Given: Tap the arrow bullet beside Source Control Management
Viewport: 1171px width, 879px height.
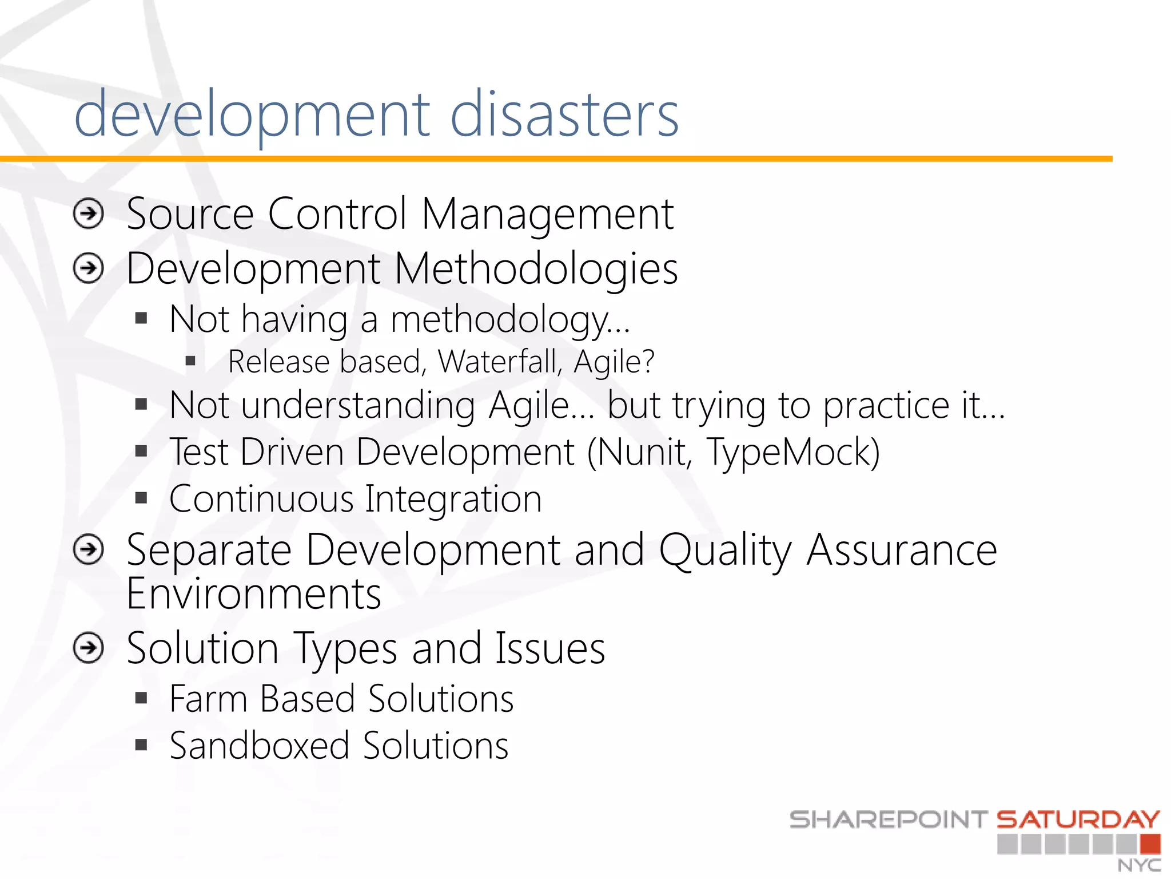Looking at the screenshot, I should tap(89, 214).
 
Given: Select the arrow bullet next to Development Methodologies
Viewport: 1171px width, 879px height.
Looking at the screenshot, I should tap(89, 268).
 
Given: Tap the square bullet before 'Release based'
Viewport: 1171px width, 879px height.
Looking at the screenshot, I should tap(190, 361).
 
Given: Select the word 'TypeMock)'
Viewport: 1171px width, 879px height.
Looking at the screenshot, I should tap(794, 452).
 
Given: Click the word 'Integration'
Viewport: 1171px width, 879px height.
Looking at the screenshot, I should tap(453, 499).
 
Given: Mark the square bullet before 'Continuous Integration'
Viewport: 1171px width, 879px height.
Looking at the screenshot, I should tap(141, 498).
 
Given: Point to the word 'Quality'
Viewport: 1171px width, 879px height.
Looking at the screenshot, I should tap(725, 551).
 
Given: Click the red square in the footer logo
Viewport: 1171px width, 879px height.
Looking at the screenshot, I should tap(1150, 844).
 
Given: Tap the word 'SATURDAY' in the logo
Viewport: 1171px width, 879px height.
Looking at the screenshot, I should tap(1078, 820).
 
